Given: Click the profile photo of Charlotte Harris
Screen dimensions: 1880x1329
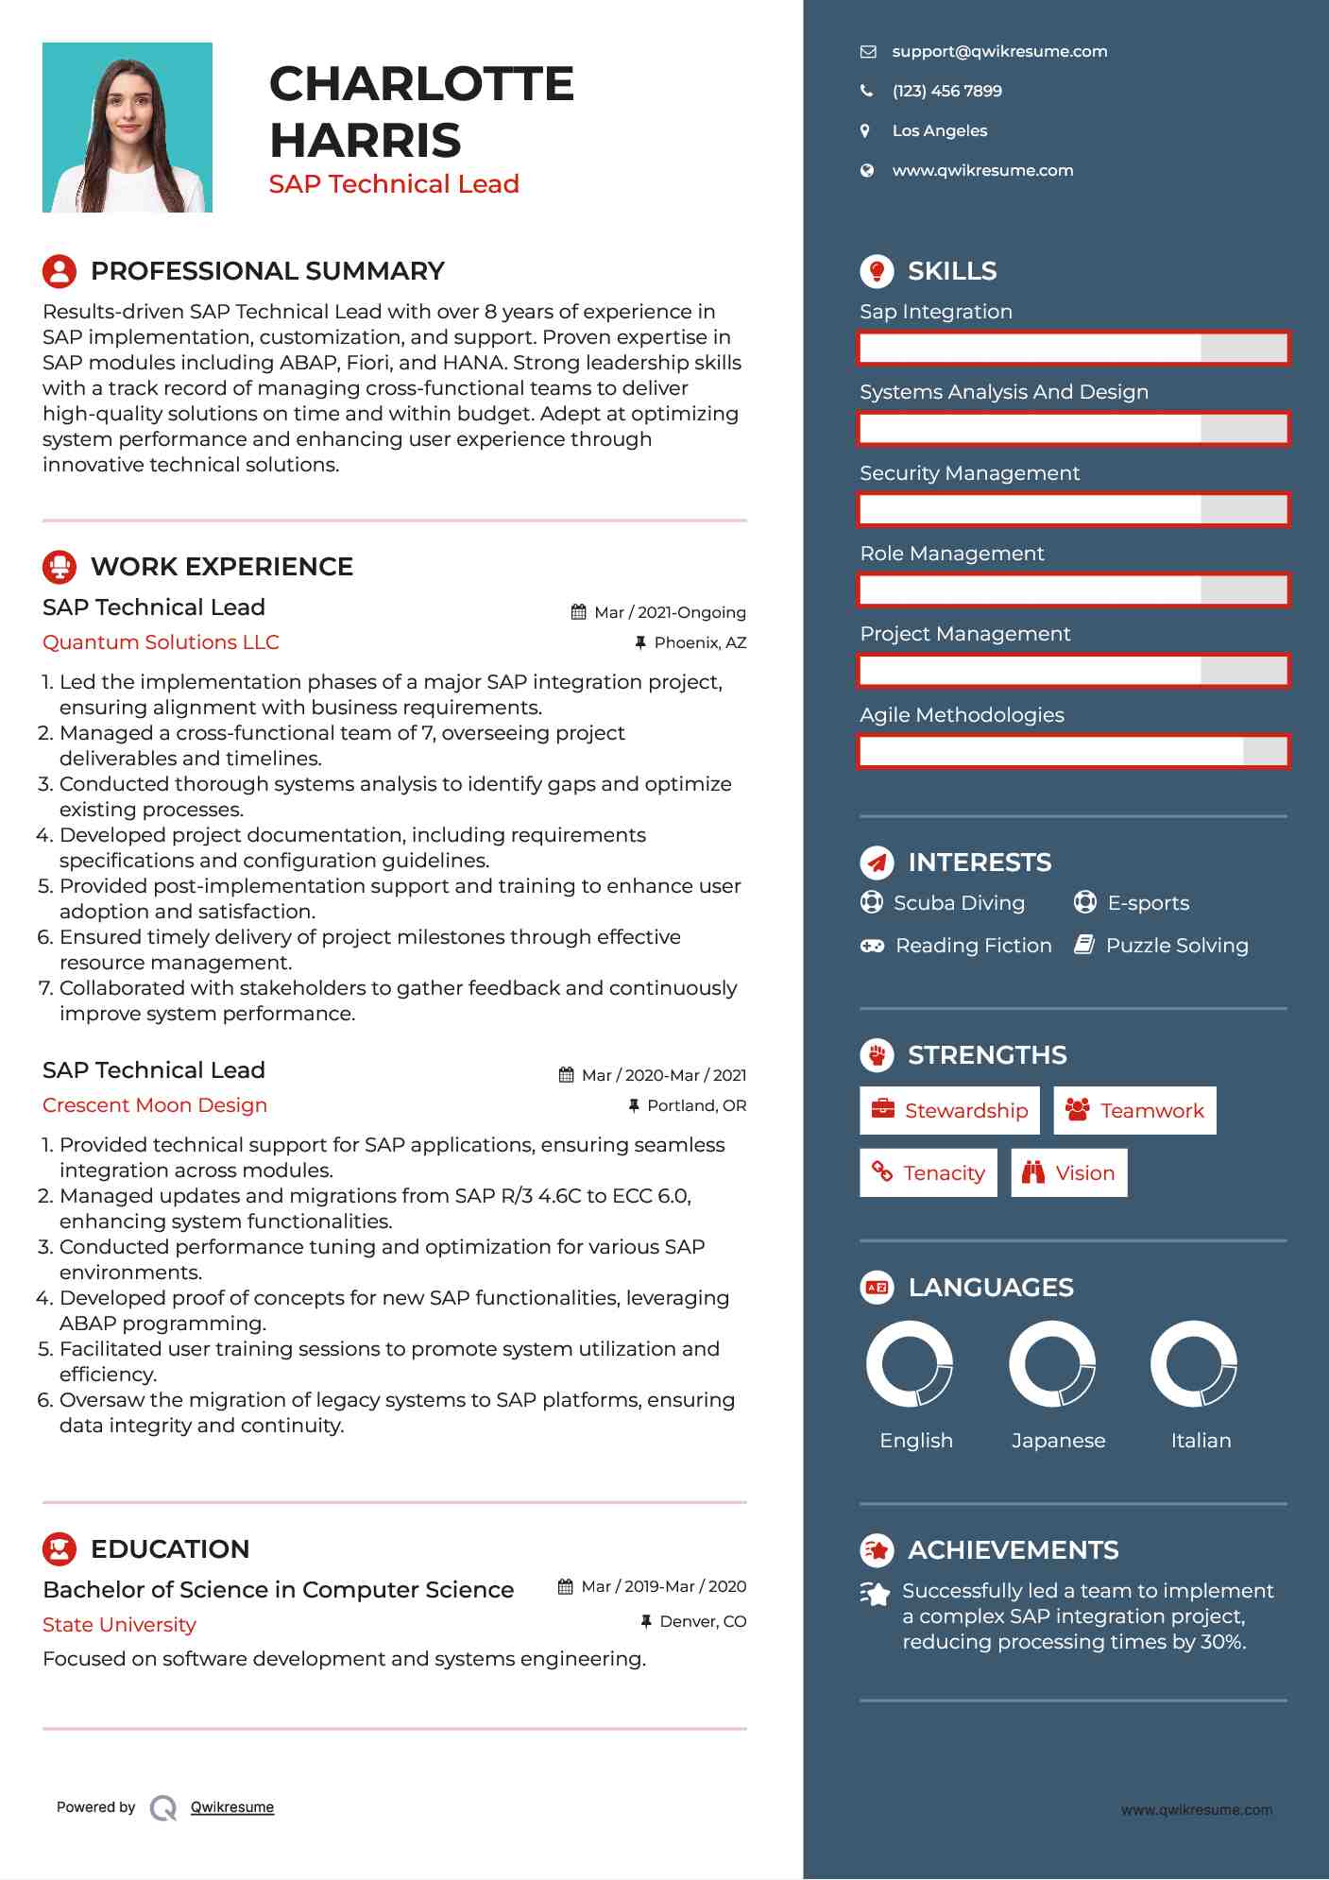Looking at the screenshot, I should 128,128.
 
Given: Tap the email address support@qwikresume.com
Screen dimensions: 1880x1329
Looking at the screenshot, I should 999,52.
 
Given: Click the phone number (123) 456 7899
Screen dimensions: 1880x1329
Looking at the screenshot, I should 946,92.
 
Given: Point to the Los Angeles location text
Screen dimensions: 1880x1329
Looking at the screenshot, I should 939,131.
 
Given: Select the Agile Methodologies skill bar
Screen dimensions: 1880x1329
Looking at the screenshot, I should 1073,752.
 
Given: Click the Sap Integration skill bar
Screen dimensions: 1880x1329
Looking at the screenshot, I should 1073,349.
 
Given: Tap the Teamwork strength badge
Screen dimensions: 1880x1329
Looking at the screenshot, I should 1134,1111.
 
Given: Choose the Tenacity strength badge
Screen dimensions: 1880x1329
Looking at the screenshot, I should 928,1173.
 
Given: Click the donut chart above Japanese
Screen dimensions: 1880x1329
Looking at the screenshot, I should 1051,1364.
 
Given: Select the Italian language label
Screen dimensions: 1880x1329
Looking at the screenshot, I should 1201,1441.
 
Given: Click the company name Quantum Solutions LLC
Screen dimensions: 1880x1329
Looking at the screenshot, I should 161,642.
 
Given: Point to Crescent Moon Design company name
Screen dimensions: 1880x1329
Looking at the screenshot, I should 155,1105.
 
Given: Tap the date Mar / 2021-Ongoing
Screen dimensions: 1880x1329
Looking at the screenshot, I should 670,613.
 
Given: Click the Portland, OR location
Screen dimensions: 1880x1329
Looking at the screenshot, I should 696,1106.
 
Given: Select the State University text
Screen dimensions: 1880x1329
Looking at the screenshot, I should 119,1625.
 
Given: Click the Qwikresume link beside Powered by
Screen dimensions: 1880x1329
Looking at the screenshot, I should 232,1807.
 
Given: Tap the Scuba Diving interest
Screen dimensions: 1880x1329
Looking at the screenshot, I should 959,903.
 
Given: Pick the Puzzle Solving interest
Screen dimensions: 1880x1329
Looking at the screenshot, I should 1176,946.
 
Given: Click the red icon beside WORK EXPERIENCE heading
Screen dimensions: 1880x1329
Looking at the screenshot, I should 60,567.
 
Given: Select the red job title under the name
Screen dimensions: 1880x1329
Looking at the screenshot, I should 394,184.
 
